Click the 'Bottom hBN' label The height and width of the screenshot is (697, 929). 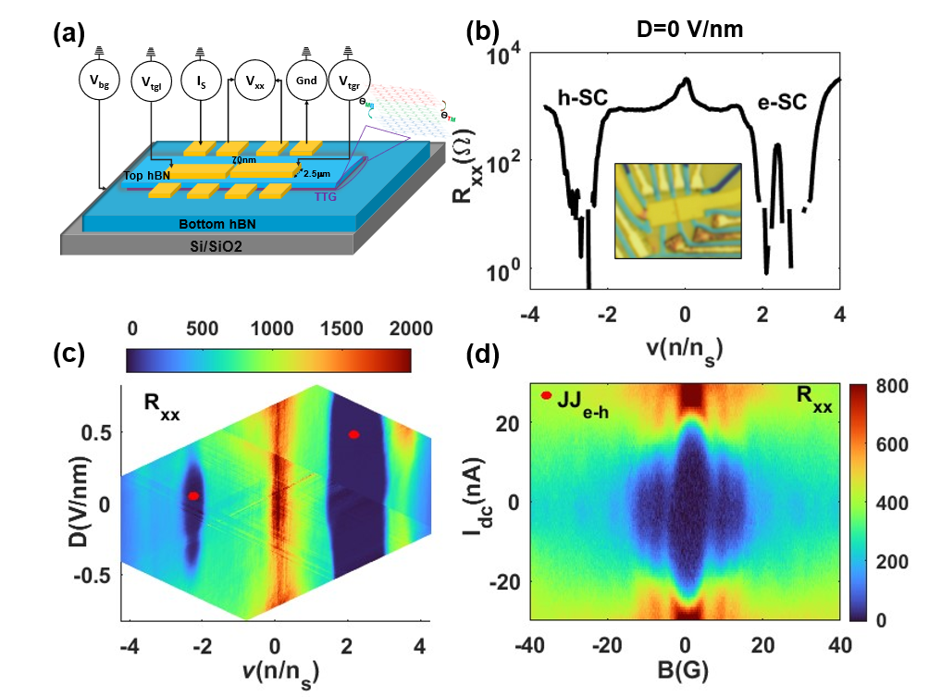pyautogui.click(x=231, y=224)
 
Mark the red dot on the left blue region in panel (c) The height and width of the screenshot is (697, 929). pyautogui.click(x=193, y=496)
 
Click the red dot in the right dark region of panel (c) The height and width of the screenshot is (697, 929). pyautogui.click(x=353, y=434)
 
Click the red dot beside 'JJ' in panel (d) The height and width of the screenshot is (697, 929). pyautogui.click(x=547, y=395)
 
